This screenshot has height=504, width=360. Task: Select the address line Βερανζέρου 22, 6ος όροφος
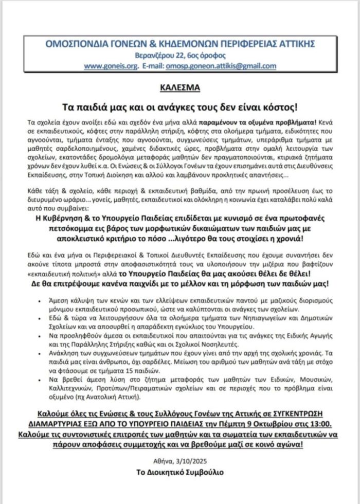(180, 56)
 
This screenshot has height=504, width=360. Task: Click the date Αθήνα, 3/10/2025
(180, 459)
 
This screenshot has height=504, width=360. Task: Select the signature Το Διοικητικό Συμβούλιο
(180, 472)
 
